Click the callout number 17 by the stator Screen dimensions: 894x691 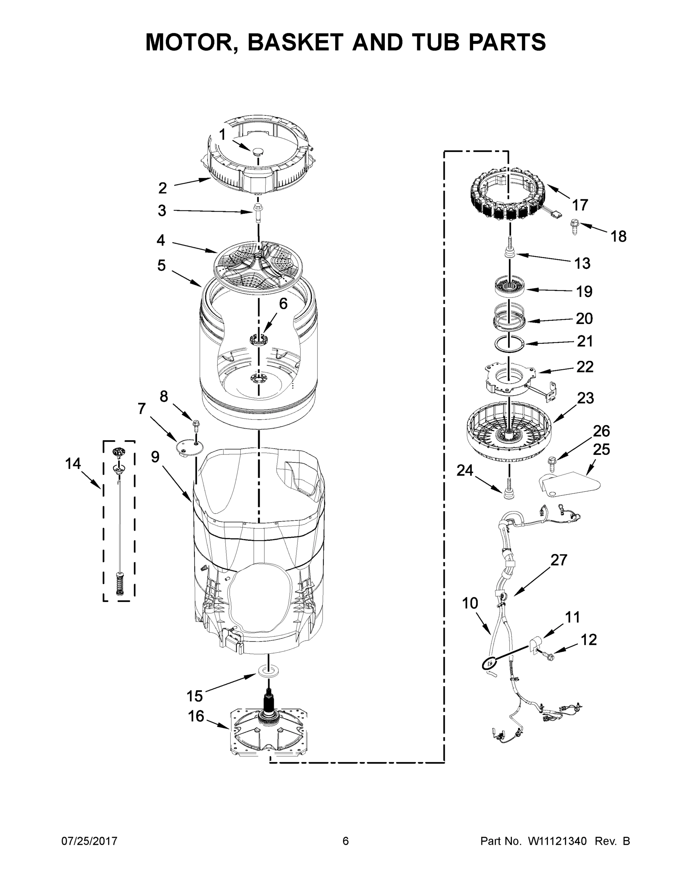(580, 204)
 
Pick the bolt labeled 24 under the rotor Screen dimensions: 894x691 (509, 489)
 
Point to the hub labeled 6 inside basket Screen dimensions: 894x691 (258, 339)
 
